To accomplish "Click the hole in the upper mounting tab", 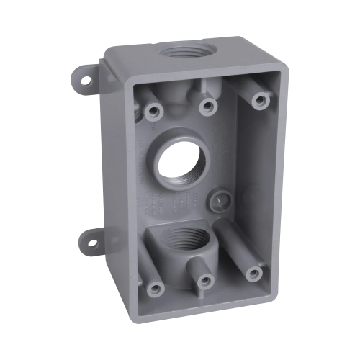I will point(86,81).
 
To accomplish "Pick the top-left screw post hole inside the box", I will point(153,112).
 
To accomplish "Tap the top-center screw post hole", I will point(208,107).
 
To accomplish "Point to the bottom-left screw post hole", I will point(154,289).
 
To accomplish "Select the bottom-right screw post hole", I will point(253,273).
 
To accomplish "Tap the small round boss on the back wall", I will point(215,199).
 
